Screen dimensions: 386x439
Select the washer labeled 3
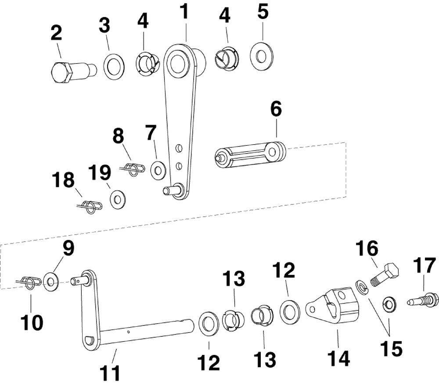pos(114,67)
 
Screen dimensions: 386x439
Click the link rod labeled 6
pos(250,154)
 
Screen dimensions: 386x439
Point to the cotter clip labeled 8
pos(132,169)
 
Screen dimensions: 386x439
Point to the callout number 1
pos(184,11)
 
